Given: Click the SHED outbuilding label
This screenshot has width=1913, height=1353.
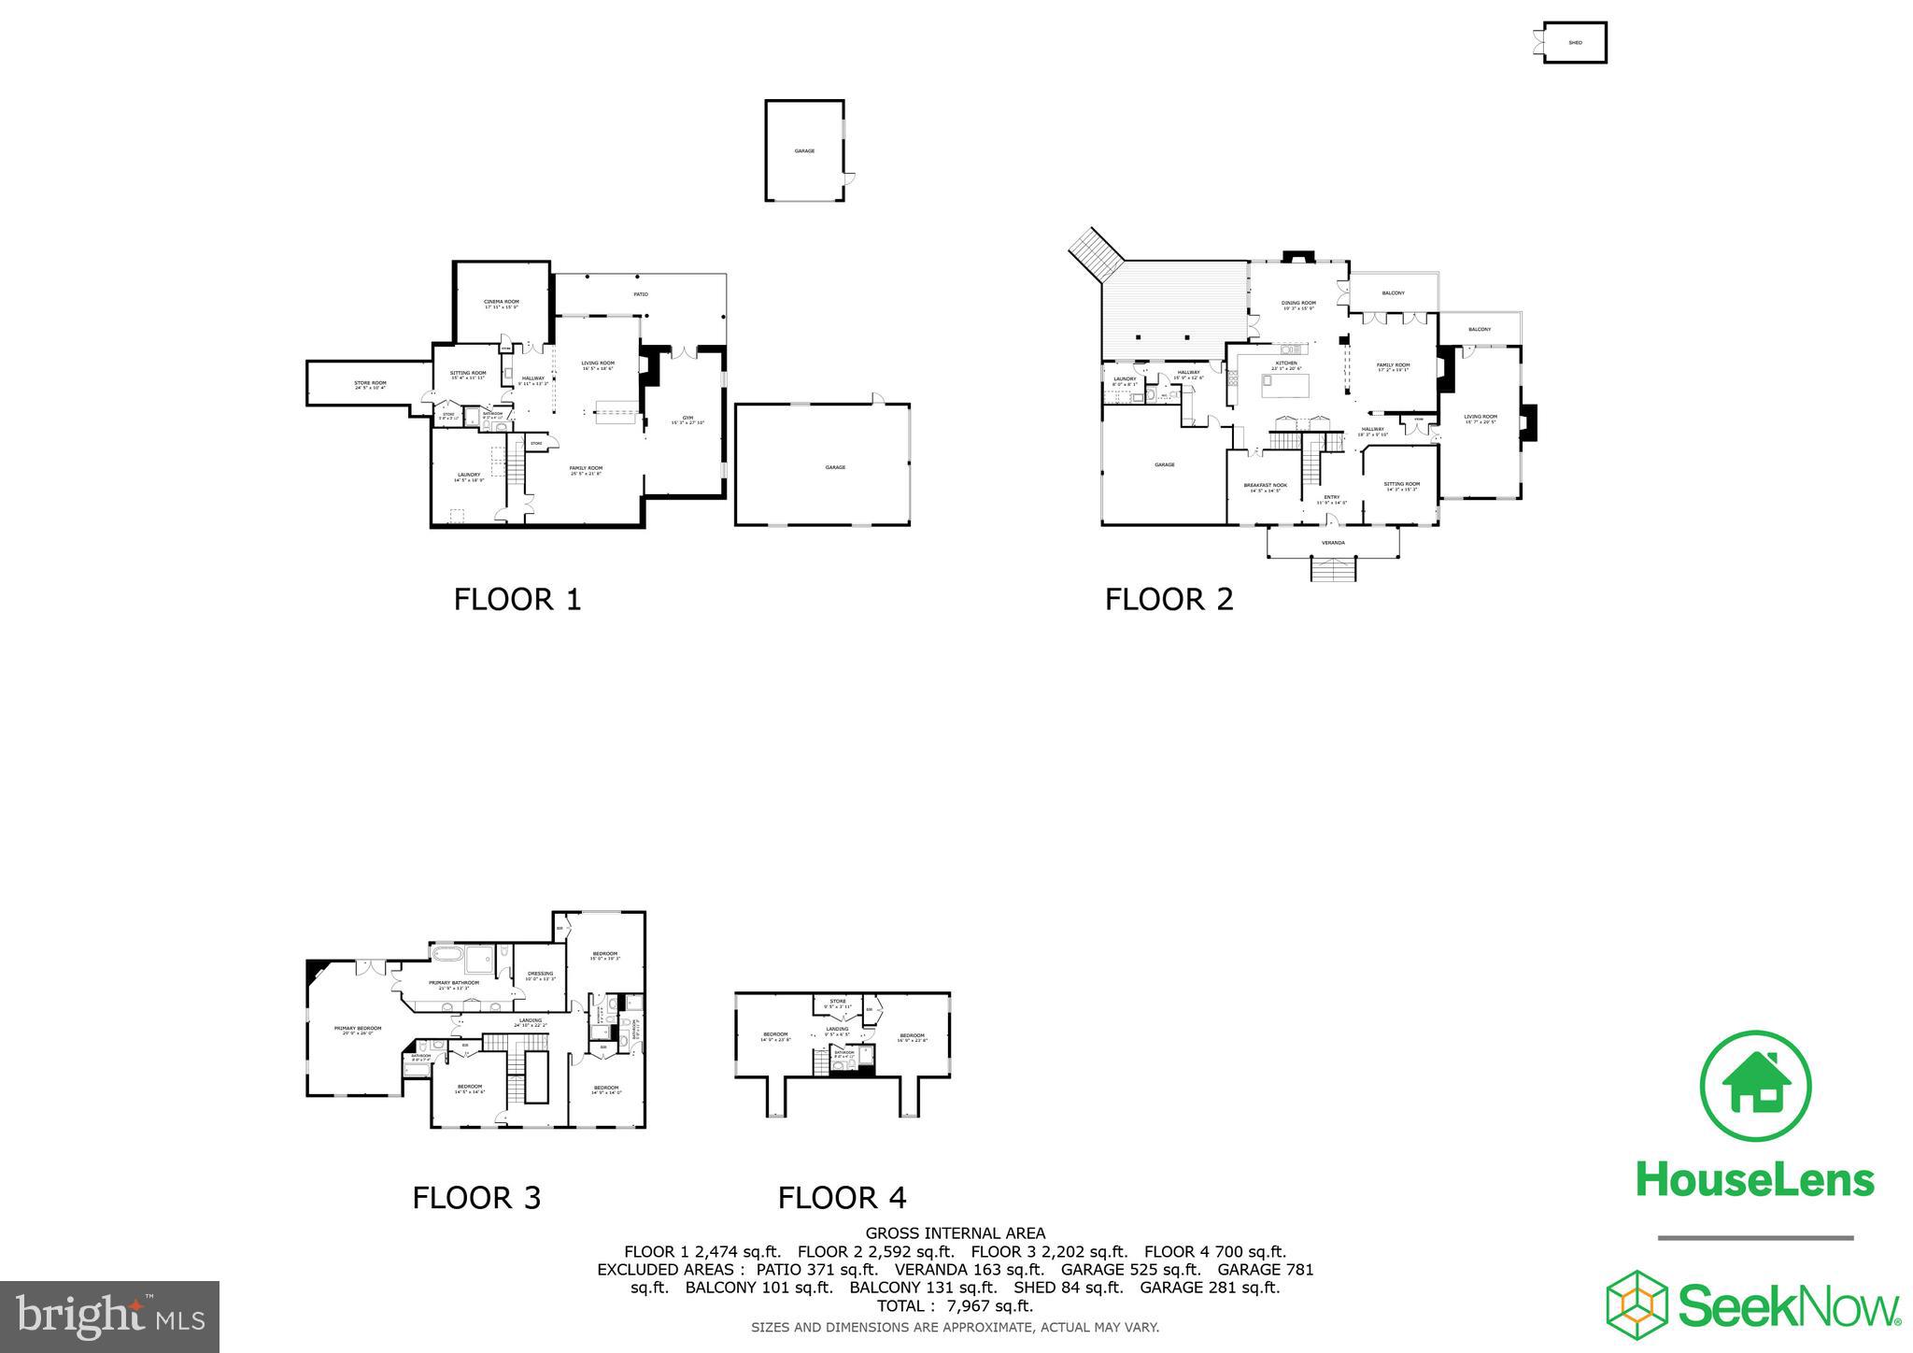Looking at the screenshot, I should point(1575,43).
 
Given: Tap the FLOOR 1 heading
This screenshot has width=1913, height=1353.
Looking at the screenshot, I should point(517,599).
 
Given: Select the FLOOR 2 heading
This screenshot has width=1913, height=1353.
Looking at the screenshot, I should point(1169,599).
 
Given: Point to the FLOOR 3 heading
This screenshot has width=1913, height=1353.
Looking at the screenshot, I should point(476,1197).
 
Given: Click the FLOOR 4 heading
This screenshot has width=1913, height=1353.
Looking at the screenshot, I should point(842,1197).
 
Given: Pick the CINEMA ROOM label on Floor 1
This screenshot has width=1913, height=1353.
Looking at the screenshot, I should point(502,303).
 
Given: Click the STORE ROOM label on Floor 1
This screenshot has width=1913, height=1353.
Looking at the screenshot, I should point(370,383).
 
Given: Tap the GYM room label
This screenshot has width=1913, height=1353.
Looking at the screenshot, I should point(687,419).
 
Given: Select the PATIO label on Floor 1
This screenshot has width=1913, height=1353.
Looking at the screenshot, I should point(641,294).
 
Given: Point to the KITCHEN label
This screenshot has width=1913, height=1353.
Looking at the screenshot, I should point(1287,363).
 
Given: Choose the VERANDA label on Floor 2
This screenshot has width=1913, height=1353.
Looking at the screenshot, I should point(1333,542).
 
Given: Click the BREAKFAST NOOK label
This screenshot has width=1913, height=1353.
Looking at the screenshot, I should point(1265,486).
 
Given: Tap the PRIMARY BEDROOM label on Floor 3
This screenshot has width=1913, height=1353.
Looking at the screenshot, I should point(358,1029).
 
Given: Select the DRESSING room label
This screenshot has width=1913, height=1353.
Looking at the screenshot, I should point(540,975).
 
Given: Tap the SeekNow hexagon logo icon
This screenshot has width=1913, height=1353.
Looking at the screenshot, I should point(1637,1302).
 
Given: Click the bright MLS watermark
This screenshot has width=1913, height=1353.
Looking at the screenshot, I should point(109,1317).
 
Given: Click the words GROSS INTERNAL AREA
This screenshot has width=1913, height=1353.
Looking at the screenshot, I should point(955,1233).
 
